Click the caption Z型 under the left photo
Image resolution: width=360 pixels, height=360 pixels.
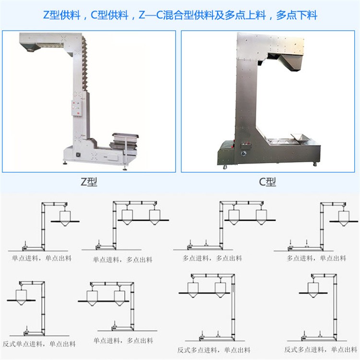[x=89, y=182]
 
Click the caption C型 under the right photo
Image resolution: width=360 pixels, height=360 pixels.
[x=267, y=182]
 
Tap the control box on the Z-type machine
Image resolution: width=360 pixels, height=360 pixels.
[x=77, y=108]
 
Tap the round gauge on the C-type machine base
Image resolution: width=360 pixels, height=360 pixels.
[x=243, y=154]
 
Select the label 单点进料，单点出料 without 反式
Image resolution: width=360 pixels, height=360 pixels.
[x=42, y=258]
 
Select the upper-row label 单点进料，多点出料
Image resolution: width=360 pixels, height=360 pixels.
[x=122, y=260]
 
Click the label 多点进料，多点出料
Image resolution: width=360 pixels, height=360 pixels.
[x=212, y=258]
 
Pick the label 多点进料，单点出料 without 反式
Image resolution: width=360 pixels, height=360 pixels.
[x=316, y=258]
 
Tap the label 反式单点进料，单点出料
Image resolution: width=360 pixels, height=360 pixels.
[x=39, y=344]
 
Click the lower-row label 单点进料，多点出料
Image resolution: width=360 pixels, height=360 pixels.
[x=123, y=340]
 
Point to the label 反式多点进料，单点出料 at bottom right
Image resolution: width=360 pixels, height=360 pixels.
[x=321, y=349]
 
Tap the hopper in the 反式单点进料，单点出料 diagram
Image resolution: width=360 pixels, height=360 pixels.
[x=21, y=297]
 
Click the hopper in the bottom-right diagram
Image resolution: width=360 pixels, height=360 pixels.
[x=313, y=290]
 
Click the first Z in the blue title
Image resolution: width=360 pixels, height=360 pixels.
[x=46, y=15]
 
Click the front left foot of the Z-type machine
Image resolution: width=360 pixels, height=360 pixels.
[x=65, y=163]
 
